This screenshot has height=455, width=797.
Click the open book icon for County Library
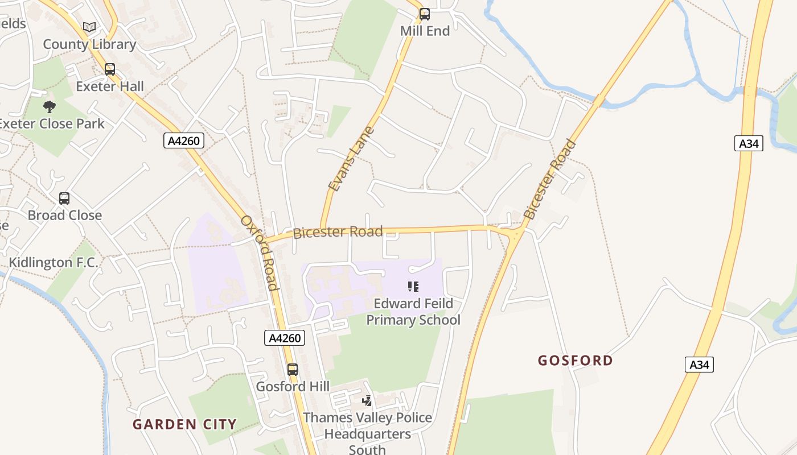pyautogui.click(x=89, y=27)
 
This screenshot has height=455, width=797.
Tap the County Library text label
pyautogui.click(x=89, y=44)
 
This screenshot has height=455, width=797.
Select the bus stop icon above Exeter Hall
pyautogui.click(x=110, y=69)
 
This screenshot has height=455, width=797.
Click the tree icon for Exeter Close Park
pyautogui.click(x=50, y=106)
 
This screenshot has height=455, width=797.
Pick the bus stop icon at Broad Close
pyautogui.click(x=64, y=198)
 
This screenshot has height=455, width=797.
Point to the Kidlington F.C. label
pyautogui.click(x=54, y=263)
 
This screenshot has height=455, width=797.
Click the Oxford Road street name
pyautogui.click(x=258, y=253)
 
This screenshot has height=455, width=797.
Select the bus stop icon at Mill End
pyautogui.click(x=425, y=14)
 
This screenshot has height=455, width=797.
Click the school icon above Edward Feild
pyautogui.click(x=413, y=286)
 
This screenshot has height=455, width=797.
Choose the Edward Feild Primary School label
pyautogui.click(x=413, y=312)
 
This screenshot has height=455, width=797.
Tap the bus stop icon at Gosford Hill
pyautogui.click(x=293, y=370)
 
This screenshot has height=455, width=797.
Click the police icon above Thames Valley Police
pyautogui.click(x=367, y=401)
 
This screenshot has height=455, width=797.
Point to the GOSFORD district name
pyautogui.click(x=576, y=361)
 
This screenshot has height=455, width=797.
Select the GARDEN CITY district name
pyautogui.click(x=184, y=424)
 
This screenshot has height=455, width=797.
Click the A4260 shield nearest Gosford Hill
pyautogui.click(x=285, y=338)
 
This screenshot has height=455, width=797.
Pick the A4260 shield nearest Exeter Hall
pyautogui.click(x=184, y=140)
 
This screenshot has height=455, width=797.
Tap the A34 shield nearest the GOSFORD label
pyautogui.click(x=699, y=365)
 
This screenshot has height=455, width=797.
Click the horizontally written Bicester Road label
pyautogui.click(x=338, y=232)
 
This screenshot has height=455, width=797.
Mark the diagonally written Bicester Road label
pyautogui.click(x=550, y=179)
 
